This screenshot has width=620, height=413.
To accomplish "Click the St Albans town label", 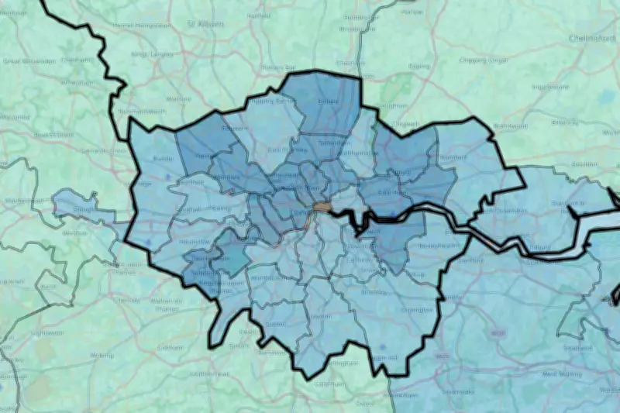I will click(205, 24).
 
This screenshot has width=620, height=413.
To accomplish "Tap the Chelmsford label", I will click(591, 37).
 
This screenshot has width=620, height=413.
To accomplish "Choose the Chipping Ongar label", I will click(482, 60).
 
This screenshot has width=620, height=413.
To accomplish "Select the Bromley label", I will click(374, 293).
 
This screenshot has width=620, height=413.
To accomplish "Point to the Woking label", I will click(102, 355).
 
